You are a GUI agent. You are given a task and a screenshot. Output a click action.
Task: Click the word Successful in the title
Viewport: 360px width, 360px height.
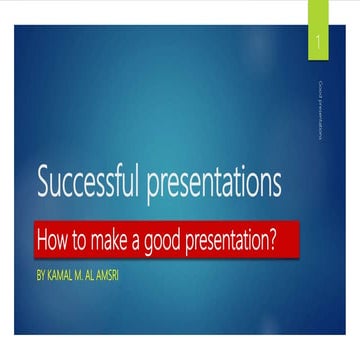point(89,183)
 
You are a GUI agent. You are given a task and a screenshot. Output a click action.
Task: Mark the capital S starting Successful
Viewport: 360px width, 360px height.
point(42,183)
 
